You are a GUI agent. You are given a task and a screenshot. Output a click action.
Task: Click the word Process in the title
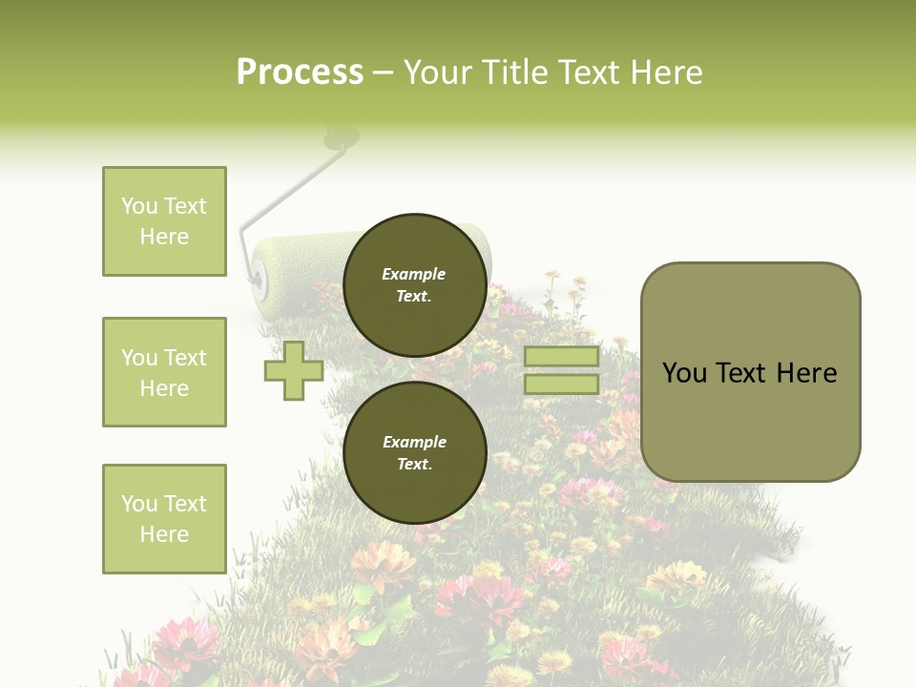300,73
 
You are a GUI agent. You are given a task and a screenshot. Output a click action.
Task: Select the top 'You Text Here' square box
164,221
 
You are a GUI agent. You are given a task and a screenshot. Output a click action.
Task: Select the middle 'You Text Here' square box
164,372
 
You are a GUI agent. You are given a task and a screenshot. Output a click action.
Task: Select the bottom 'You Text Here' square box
164,519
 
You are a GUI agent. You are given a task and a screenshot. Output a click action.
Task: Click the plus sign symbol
294,370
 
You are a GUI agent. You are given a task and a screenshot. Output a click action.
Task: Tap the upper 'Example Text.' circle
414,285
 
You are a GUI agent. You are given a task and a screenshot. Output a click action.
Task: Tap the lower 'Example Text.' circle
414,453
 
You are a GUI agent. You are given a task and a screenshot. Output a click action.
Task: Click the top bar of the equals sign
561,356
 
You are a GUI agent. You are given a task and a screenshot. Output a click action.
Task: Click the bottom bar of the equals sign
561,385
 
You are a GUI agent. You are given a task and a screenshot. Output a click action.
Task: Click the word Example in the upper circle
414,274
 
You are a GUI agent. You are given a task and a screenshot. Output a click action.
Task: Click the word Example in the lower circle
414,442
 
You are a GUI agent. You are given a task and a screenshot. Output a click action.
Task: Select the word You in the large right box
684,373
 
